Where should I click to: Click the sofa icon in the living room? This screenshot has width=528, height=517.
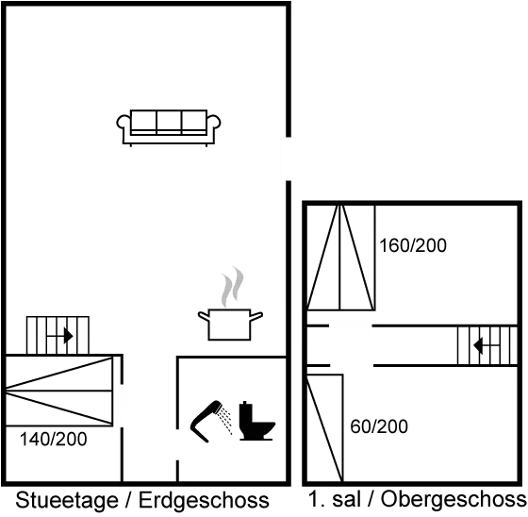click(x=169, y=127)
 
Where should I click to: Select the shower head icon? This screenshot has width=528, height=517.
click(x=206, y=421)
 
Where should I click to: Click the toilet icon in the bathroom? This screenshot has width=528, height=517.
click(x=256, y=422)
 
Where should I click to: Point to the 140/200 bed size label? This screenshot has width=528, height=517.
click(x=53, y=439)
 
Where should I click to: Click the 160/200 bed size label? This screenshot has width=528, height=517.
click(x=413, y=245)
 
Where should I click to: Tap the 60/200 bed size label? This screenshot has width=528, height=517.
click(x=379, y=426)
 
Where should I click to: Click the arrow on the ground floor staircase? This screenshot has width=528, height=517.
click(x=60, y=336)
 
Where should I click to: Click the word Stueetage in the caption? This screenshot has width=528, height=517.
click(x=67, y=500)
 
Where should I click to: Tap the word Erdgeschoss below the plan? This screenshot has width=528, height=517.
click(x=204, y=500)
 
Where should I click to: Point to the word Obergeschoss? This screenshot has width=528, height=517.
click(x=454, y=499)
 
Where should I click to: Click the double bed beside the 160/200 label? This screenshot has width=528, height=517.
click(x=340, y=258)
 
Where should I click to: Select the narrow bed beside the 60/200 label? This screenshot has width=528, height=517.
click(x=324, y=428)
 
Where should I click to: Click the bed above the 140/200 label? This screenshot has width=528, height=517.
click(x=59, y=391)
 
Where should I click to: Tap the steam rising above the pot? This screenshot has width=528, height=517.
click(x=232, y=287)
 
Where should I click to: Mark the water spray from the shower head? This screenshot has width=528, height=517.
click(x=225, y=420)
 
